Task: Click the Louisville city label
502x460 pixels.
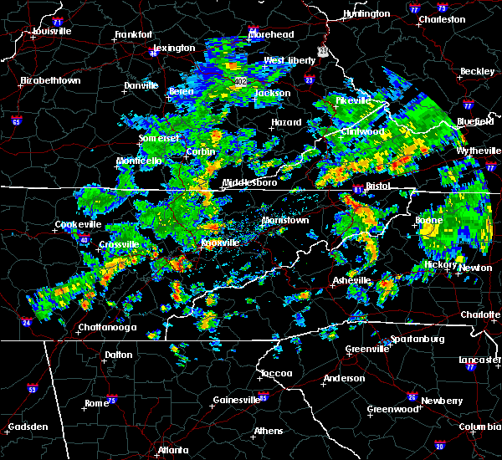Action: click(52, 31)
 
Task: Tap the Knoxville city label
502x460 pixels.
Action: click(220, 243)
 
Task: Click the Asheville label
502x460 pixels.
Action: click(351, 279)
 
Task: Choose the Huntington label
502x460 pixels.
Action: click(366, 13)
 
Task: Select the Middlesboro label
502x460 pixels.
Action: click(245, 181)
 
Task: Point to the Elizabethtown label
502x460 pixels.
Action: click(50, 80)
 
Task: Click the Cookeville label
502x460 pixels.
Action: click(77, 224)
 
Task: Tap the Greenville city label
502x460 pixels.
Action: click(366, 349)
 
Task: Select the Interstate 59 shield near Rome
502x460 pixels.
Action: click(32, 390)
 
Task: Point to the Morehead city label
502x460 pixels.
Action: click(271, 34)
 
